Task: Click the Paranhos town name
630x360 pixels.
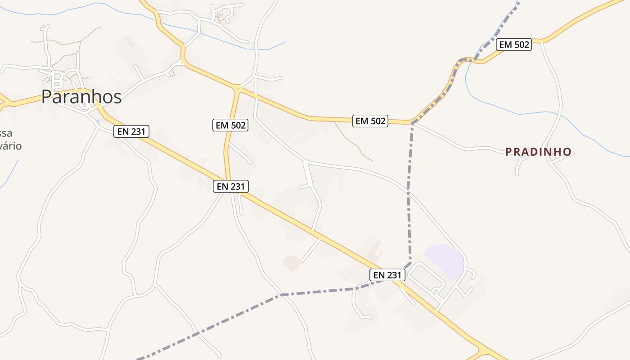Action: tap(81, 97)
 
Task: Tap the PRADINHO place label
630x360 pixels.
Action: tap(538, 152)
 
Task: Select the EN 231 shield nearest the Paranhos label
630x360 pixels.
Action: tap(131, 131)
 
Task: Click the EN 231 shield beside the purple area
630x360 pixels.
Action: tap(387, 274)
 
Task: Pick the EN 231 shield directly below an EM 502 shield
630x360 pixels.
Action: tap(231, 186)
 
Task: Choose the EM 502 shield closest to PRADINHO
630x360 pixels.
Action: tap(514, 45)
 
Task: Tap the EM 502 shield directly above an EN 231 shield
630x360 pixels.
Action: tap(231, 125)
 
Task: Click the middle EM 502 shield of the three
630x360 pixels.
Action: tap(370, 121)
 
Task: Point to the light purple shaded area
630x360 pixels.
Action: tap(444, 260)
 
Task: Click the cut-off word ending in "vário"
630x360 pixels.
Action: tap(11, 146)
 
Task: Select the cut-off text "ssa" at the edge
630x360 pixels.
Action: tap(6, 133)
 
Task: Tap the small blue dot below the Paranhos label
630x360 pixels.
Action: tap(98, 121)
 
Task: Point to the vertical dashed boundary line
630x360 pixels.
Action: tap(409, 193)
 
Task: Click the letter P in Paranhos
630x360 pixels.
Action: tap(47, 97)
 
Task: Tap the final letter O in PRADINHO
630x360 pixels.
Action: tap(567, 152)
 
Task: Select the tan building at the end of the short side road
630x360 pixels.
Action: tap(292, 262)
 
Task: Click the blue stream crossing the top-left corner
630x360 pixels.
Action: tap(67, 9)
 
